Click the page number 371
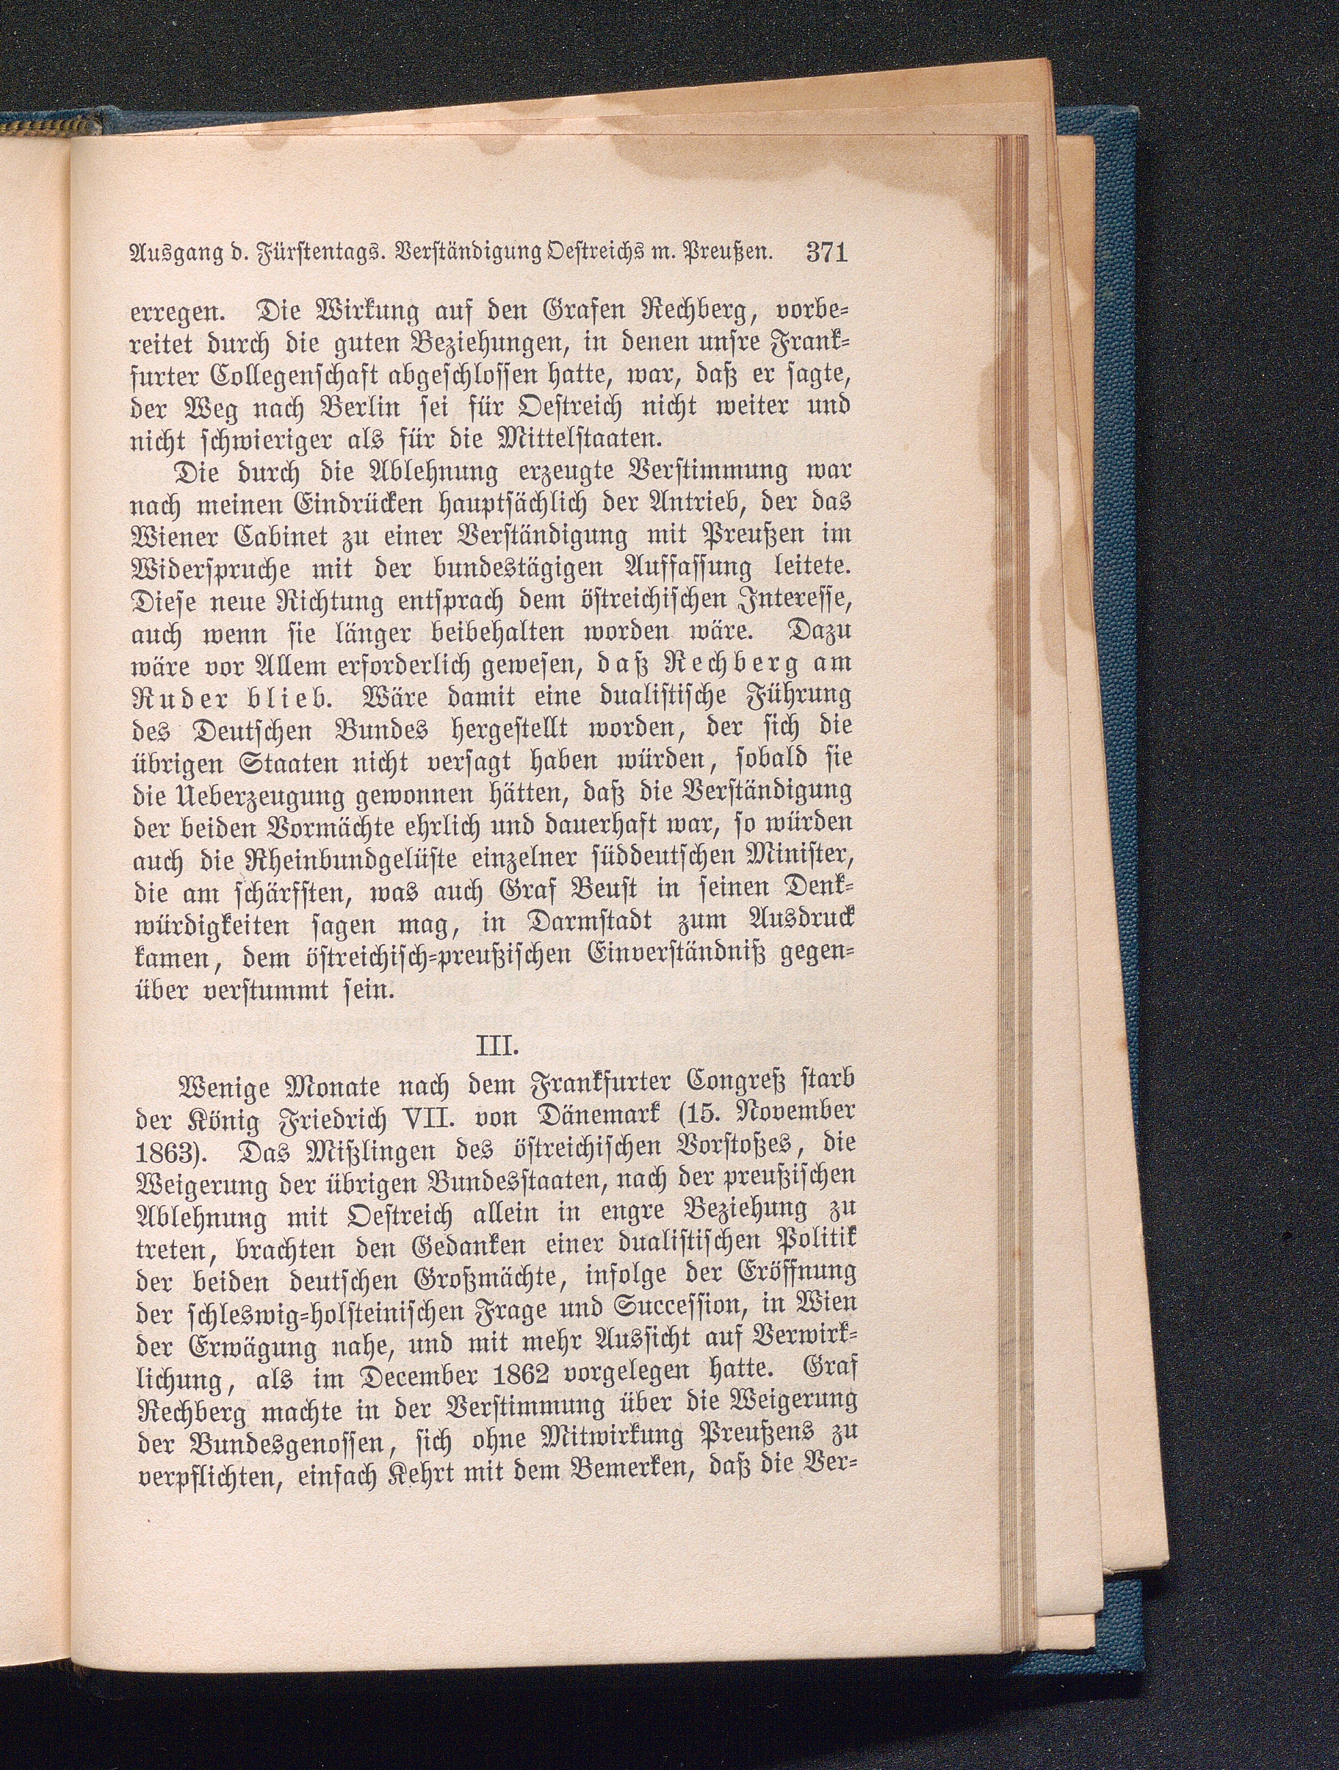(826, 253)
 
